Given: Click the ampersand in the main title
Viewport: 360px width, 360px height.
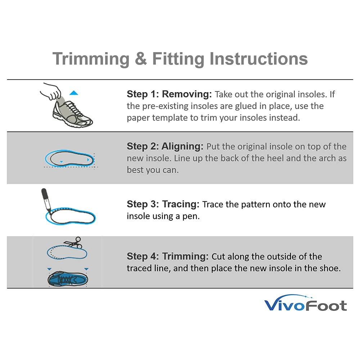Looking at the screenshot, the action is click(140, 59).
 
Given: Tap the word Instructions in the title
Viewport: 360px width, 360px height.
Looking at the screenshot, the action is click(258, 59).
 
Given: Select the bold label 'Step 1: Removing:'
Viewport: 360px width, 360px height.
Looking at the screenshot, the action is click(169, 94).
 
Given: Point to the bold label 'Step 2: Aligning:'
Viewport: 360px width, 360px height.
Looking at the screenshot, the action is click(165, 146).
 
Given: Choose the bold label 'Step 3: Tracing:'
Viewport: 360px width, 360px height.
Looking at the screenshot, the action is click(163, 204).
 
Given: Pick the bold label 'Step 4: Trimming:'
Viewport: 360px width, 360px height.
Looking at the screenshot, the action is click(168, 256).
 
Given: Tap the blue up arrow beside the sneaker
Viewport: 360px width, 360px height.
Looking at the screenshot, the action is click(74, 93).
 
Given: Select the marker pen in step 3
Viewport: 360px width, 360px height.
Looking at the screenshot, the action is click(46, 200).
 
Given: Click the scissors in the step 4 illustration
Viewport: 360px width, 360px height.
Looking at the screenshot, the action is click(73, 242).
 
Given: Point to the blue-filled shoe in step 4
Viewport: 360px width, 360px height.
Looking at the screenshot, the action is click(68, 279).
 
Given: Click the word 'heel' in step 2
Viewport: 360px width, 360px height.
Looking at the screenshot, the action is click(274, 158).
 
